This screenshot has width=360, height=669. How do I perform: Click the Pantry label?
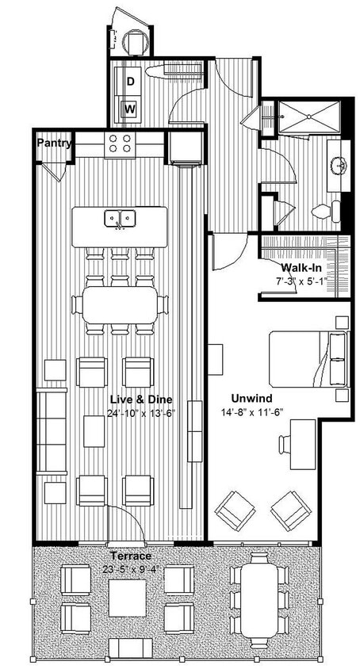[55, 143]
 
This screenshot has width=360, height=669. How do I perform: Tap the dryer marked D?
[130, 82]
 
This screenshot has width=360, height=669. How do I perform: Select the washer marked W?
[130, 109]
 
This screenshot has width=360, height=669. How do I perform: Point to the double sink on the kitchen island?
[120, 217]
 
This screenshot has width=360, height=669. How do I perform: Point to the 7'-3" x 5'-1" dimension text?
[300, 281]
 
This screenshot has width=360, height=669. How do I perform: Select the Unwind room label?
[254, 398]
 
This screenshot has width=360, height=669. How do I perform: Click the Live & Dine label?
[141, 399]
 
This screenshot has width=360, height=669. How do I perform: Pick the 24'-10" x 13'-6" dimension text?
[141, 412]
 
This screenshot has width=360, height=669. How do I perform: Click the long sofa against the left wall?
[52, 432]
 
